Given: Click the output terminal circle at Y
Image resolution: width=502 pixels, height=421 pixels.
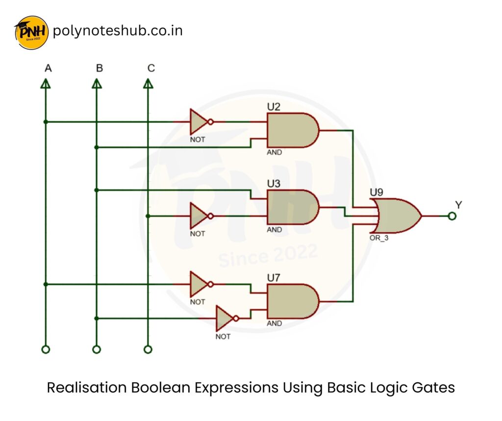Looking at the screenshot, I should pos(452,216).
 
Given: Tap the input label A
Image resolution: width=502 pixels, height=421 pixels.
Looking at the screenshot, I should pos(48,68).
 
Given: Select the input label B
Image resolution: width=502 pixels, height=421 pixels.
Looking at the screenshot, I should pos(100,68).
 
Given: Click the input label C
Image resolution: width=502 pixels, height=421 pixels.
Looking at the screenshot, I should pos(151,68).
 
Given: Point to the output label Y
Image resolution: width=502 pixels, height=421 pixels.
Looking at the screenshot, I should pos(458,204).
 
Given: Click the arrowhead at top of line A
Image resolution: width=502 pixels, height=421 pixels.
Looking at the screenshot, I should pos(46,84).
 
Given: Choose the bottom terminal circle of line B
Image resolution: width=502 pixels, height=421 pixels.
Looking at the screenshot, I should pos(97,349).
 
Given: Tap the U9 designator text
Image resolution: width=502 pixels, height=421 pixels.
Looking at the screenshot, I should pos(377,191).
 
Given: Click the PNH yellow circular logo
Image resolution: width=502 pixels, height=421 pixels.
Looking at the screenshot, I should pos(32,32).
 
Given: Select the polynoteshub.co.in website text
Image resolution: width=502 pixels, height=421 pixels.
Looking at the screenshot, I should pos(118,31).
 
